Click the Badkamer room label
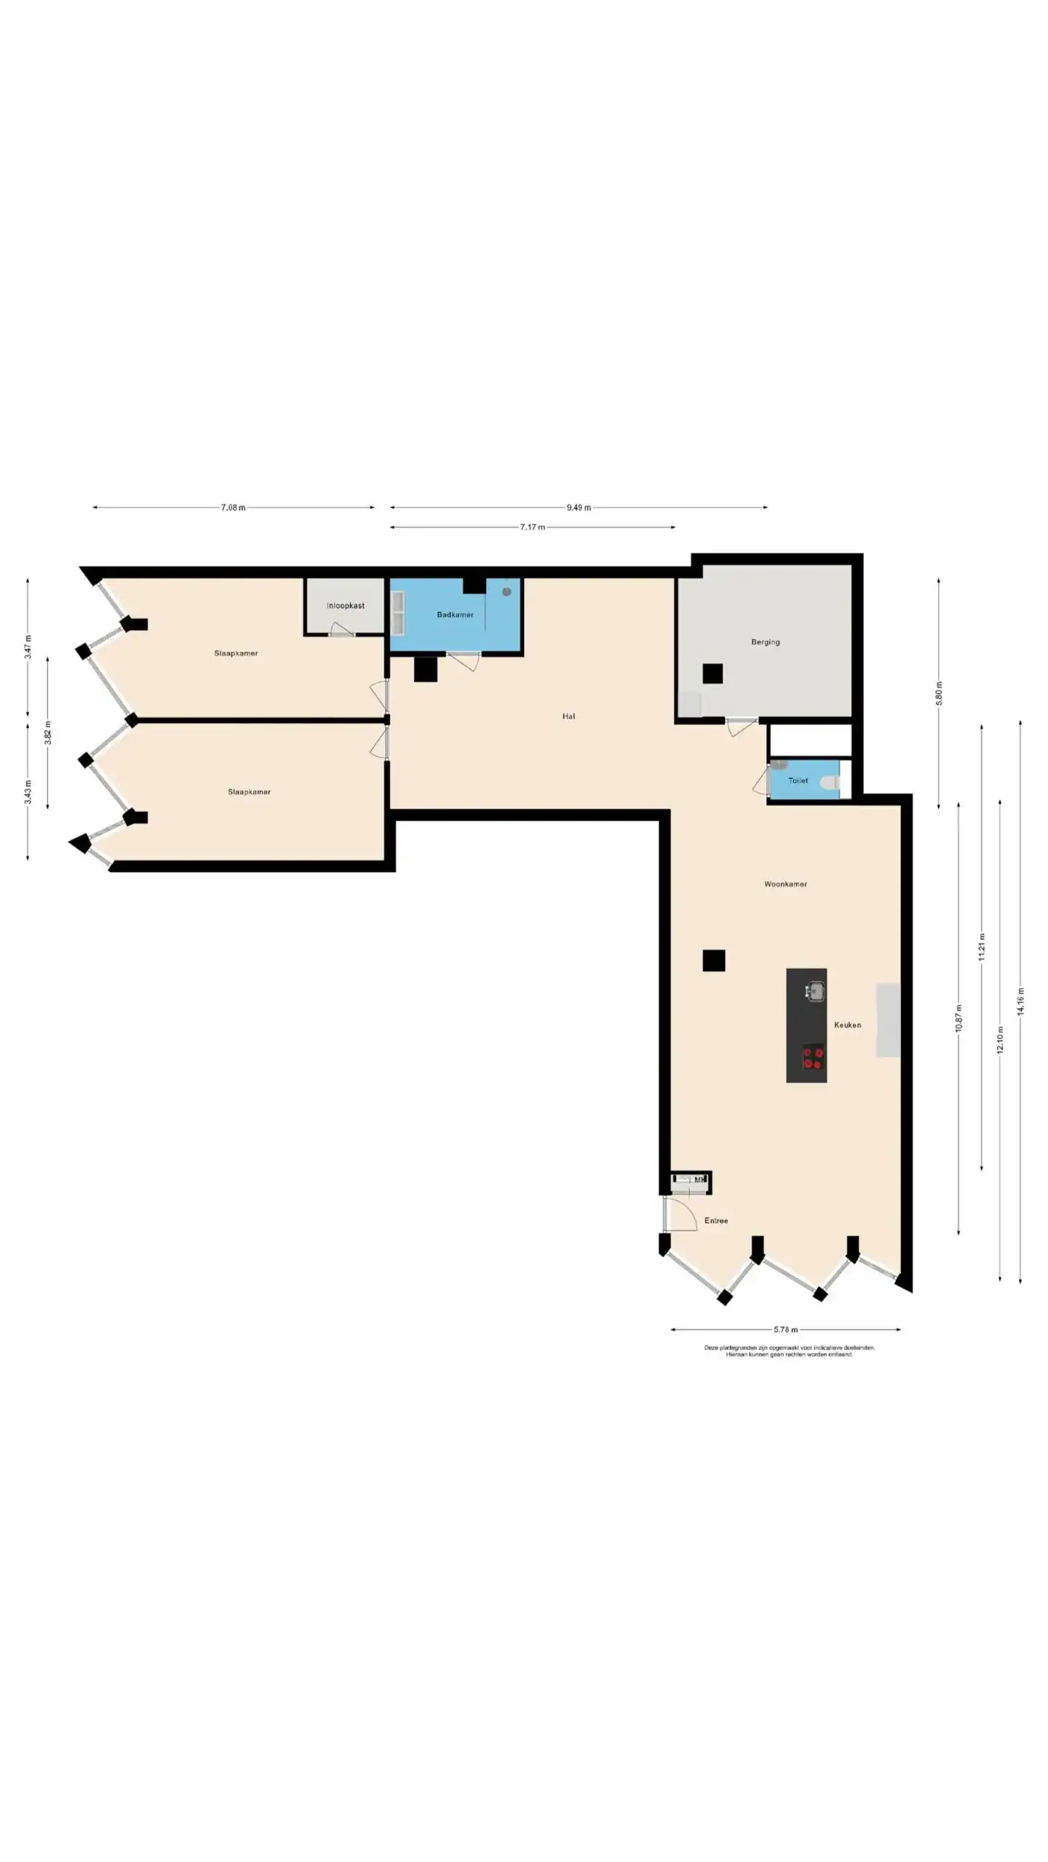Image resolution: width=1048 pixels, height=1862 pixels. click(455, 615)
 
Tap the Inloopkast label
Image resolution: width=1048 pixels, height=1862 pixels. click(346, 605)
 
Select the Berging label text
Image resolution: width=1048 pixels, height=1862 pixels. click(766, 642)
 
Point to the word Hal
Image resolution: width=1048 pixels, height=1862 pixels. click(568, 716)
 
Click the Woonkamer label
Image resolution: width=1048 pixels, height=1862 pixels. click(785, 884)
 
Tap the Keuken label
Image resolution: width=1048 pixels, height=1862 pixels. click(847, 1025)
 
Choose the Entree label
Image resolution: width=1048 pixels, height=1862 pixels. click(716, 1220)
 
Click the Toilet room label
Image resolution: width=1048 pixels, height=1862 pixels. click(798, 780)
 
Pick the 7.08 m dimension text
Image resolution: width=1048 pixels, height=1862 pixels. click(234, 508)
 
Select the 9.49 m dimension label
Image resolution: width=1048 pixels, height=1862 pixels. click(579, 508)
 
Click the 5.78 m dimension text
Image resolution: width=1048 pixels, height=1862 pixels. click(785, 1330)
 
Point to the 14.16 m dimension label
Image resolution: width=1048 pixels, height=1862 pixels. click(1020, 1002)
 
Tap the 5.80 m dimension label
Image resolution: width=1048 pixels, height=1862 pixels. click(939, 692)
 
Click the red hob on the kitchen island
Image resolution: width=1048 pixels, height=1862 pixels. click(813, 1058)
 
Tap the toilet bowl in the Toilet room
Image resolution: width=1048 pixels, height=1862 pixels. click(830, 783)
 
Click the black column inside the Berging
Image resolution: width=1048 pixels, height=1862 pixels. click(712, 674)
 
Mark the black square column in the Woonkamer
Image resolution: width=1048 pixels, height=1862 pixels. click(714, 960)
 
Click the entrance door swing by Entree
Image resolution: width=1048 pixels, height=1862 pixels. click(681, 1213)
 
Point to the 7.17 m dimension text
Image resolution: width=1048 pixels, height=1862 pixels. click(533, 527)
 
